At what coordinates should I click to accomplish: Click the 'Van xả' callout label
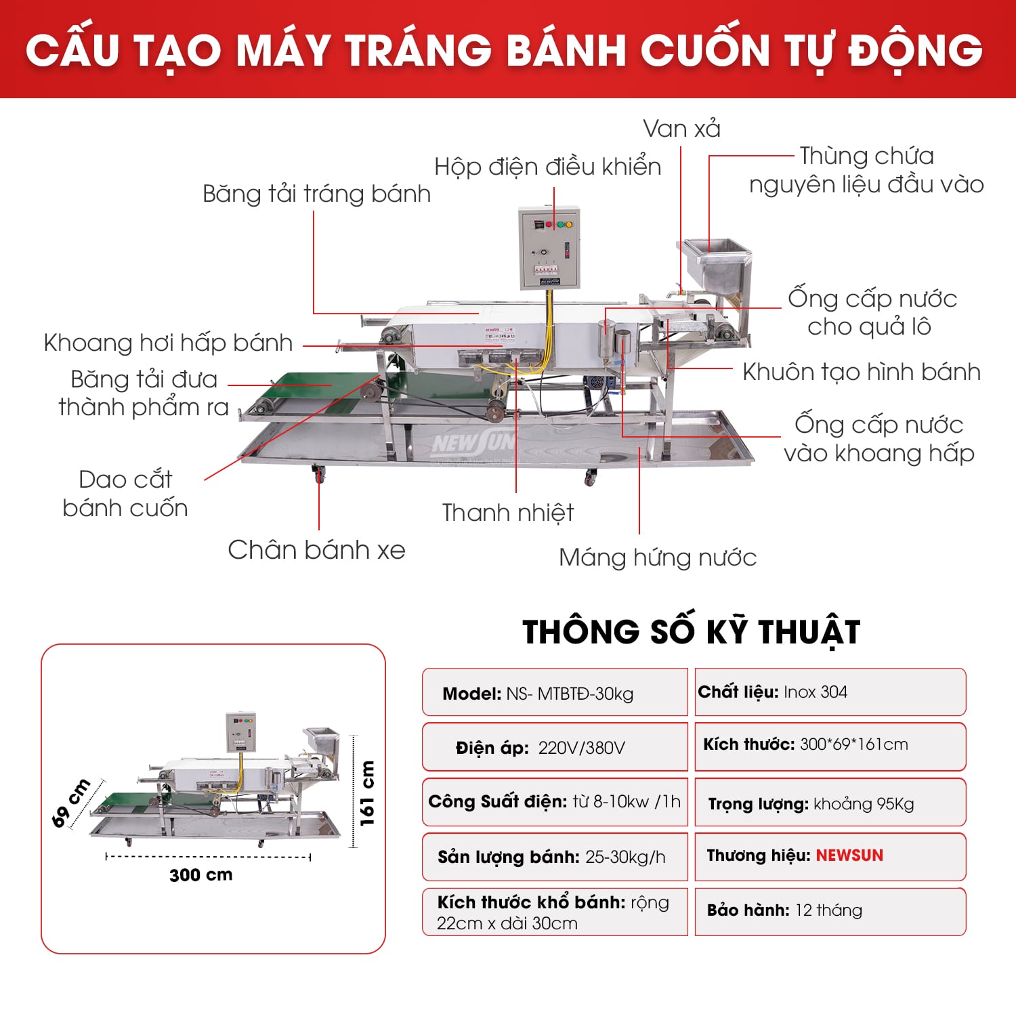(x=681, y=129)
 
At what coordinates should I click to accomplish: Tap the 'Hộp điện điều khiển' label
(x=547, y=167)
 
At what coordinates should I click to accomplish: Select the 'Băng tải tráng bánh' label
(x=316, y=194)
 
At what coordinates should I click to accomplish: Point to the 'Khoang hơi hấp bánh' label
(x=168, y=343)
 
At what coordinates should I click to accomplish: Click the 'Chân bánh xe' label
(x=316, y=550)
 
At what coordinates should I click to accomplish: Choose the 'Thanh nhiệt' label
(x=507, y=513)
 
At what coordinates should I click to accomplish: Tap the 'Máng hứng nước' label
(x=657, y=557)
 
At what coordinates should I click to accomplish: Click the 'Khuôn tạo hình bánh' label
(x=861, y=372)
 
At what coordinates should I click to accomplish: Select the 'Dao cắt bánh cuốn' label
(x=125, y=494)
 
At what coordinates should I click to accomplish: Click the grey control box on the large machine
(x=549, y=248)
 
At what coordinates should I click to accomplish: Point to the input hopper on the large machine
(x=715, y=265)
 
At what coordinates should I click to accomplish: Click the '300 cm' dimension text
(x=200, y=875)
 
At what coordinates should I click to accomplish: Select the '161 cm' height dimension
(x=366, y=793)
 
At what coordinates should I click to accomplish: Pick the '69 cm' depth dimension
(x=70, y=803)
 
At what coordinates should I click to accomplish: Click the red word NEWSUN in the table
(x=849, y=855)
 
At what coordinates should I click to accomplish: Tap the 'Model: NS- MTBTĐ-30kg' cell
(x=555, y=693)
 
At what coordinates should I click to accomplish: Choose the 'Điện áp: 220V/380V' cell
(x=555, y=748)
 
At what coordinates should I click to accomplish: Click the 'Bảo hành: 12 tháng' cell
(x=830, y=910)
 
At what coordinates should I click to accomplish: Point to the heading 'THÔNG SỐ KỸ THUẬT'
(x=691, y=631)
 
